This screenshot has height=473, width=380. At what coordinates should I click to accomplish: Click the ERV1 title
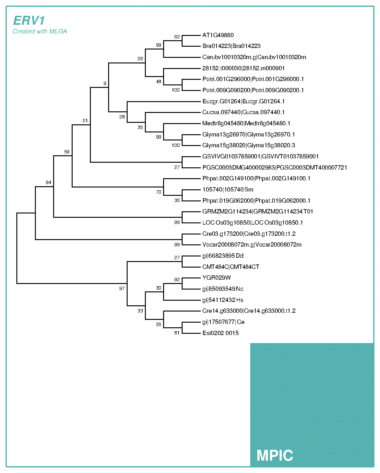point(29,21)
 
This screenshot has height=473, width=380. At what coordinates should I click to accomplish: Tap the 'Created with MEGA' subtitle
point(40,31)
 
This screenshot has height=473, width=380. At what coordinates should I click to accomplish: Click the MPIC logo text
point(275,455)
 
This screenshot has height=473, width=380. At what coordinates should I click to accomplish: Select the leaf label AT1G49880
point(218,35)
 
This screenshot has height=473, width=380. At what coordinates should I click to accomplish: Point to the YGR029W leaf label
point(217,278)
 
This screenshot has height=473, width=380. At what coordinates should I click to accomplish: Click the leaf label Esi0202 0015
point(220,333)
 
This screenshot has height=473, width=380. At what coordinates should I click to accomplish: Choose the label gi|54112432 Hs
point(223,300)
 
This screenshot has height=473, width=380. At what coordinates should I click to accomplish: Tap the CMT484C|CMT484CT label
point(231,267)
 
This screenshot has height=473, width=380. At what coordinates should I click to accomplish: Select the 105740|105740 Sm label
point(228,190)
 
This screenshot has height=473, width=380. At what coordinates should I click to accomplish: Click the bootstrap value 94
point(49,183)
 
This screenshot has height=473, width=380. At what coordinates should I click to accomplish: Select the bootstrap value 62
point(177,37)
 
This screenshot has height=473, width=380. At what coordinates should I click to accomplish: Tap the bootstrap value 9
point(105,83)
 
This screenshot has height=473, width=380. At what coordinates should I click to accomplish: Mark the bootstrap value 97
point(122,289)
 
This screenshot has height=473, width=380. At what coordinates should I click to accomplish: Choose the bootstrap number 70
point(158,192)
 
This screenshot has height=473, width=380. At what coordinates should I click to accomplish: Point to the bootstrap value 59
point(67,152)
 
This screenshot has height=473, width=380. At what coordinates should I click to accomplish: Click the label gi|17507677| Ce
point(223,322)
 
